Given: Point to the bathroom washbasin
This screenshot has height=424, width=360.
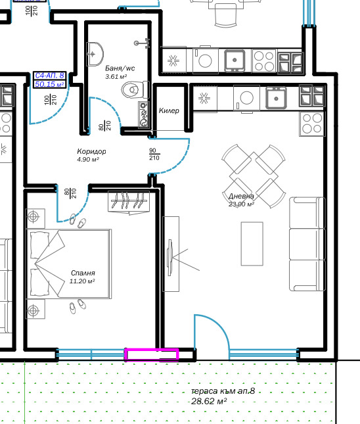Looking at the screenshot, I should click(97, 51).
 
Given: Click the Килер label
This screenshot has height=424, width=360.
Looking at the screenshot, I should click(169, 110).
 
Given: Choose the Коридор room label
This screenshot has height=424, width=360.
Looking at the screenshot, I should click(91, 151).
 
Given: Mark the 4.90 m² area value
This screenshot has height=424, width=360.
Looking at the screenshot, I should click(87, 159).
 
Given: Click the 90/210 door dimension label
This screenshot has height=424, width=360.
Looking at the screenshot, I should click(154, 154).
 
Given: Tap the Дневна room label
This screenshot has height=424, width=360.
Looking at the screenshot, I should click(241, 196).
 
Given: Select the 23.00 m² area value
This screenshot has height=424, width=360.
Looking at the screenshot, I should click(241, 204).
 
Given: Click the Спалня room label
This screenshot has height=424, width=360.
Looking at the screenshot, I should click(83, 273).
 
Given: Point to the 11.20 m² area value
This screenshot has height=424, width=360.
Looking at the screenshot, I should click(82, 281).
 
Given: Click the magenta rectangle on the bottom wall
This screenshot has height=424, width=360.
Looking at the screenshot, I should click(152, 355).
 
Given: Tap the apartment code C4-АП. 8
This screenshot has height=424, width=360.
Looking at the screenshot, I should click(49, 76).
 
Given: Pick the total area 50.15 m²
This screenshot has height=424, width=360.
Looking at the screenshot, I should click(49, 84).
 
